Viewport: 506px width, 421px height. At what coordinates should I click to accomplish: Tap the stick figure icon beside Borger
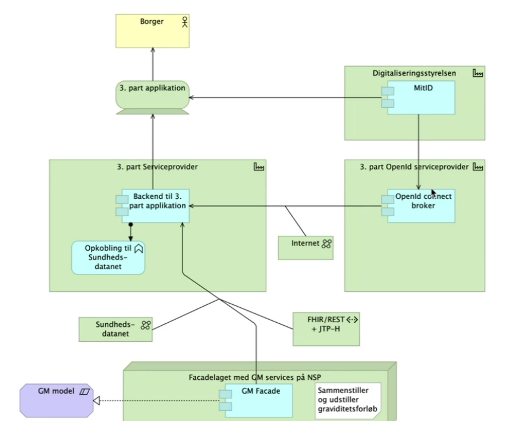pos(185,22)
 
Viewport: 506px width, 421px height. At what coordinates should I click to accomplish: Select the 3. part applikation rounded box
pos(153,95)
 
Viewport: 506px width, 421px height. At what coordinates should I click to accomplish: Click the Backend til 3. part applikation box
pos(153,205)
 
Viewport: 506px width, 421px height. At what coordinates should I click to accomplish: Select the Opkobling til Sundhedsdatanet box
pos(108,257)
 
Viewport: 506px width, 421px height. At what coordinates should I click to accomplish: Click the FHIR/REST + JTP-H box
pos(326,329)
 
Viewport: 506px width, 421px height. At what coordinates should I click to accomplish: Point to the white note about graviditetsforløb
pos(348,400)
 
